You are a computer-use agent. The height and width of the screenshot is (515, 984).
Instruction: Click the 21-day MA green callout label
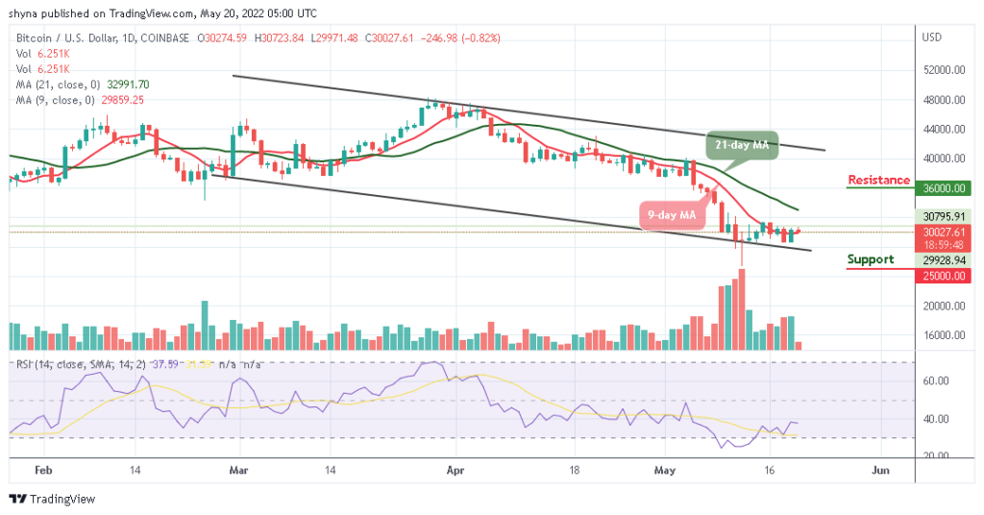(x=742, y=144)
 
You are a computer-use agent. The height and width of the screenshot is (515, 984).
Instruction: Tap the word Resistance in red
(x=878, y=180)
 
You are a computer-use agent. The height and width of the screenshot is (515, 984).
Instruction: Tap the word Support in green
(x=871, y=259)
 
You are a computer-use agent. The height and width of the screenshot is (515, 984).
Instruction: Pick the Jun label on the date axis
(x=879, y=472)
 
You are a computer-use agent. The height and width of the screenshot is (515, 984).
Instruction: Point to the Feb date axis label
(x=42, y=472)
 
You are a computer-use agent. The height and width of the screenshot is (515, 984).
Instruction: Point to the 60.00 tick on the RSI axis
(x=937, y=380)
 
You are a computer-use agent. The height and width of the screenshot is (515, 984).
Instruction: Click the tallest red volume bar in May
(x=741, y=308)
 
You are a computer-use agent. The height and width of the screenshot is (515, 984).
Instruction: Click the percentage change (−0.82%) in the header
(x=480, y=37)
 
